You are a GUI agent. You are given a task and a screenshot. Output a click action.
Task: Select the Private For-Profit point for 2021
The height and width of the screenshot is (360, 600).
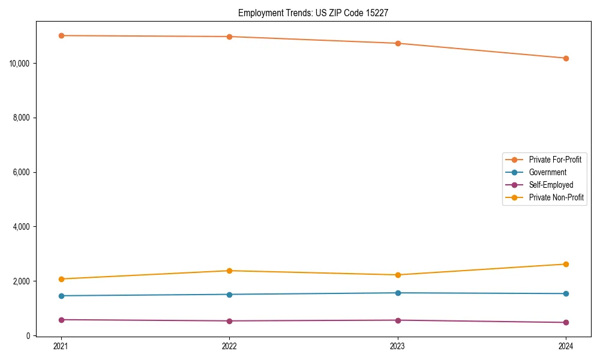(x=61, y=35)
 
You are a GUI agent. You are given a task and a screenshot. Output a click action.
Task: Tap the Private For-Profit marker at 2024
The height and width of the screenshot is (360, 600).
(x=566, y=58)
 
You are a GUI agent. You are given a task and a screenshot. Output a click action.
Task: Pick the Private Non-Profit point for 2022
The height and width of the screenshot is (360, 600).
(x=229, y=271)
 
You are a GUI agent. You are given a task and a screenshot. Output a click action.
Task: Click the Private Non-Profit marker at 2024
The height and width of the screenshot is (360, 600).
(x=566, y=264)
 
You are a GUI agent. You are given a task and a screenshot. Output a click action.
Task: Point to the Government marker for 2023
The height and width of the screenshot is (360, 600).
(x=397, y=293)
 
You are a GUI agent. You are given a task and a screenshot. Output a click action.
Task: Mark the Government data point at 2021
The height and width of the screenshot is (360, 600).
(x=61, y=296)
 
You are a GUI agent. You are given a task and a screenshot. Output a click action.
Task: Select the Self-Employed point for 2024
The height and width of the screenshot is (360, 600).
(x=566, y=322)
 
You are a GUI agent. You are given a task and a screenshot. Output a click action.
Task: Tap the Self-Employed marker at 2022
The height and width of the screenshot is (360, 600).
(x=229, y=321)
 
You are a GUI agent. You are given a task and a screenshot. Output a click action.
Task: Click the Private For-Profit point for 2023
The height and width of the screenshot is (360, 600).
(x=397, y=43)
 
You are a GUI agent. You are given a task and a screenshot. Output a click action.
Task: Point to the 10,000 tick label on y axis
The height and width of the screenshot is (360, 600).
(x=21, y=64)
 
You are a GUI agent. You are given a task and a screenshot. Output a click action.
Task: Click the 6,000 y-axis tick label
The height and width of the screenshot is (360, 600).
(x=23, y=172)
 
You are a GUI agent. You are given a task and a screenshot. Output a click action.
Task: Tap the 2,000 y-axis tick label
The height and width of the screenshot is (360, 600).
(x=23, y=281)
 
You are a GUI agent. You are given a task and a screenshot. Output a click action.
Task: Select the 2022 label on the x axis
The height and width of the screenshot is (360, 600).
(x=229, y=346)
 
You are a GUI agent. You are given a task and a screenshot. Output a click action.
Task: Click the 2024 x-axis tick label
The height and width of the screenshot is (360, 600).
(x=566, y=346)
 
